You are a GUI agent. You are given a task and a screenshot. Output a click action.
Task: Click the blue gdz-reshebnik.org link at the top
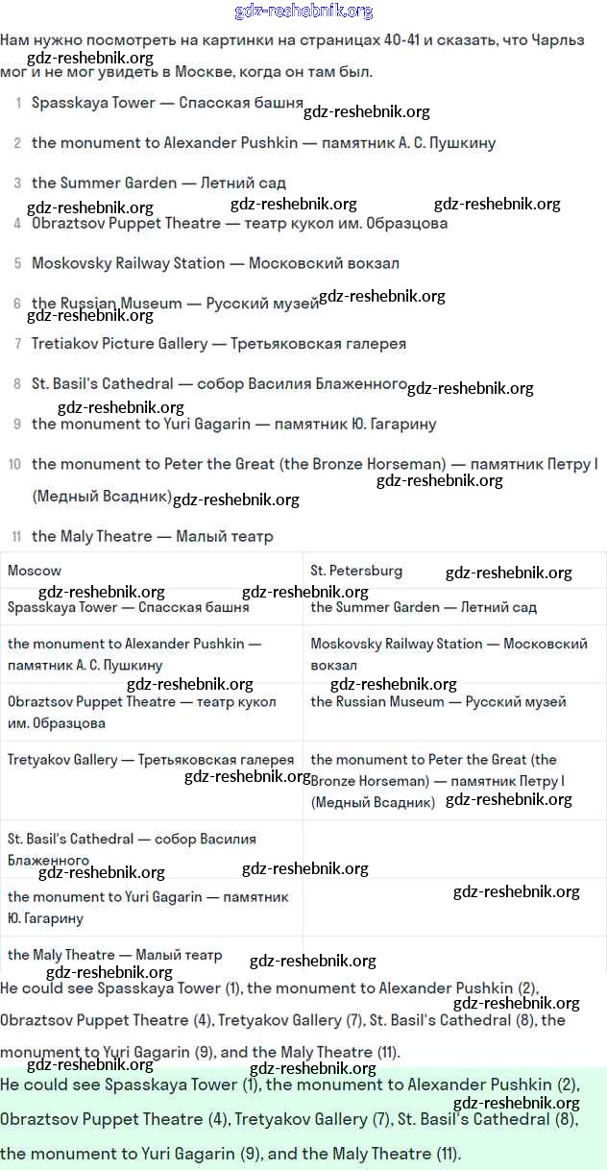303,12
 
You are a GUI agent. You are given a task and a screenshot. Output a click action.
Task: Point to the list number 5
17,263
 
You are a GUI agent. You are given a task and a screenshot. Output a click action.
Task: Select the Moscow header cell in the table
35,571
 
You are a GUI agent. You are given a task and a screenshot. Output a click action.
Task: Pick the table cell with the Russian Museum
438,702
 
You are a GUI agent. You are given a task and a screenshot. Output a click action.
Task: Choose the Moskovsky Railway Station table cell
449,653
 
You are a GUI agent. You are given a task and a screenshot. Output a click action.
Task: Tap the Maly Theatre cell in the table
114,955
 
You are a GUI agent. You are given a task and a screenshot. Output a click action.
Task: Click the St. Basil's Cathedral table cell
132,849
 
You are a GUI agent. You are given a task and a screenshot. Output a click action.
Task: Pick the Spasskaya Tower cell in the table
128,607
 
